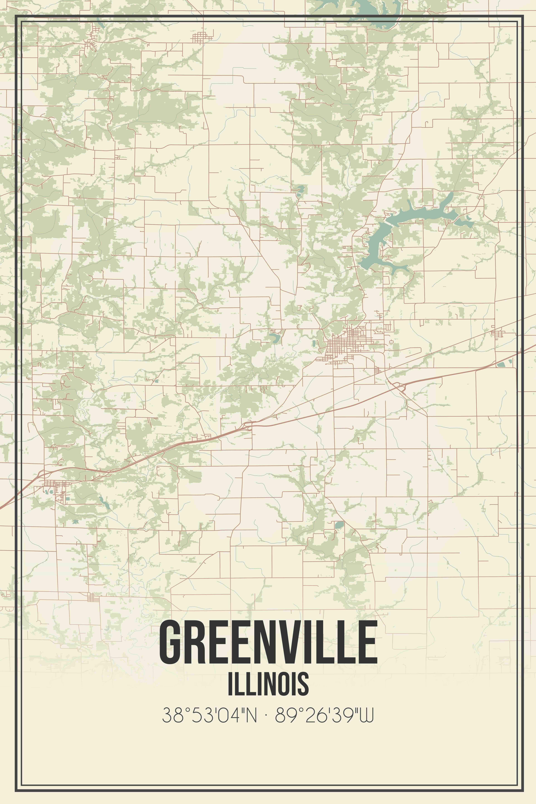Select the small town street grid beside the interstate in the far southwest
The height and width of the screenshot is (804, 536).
click(x=55, y=485)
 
